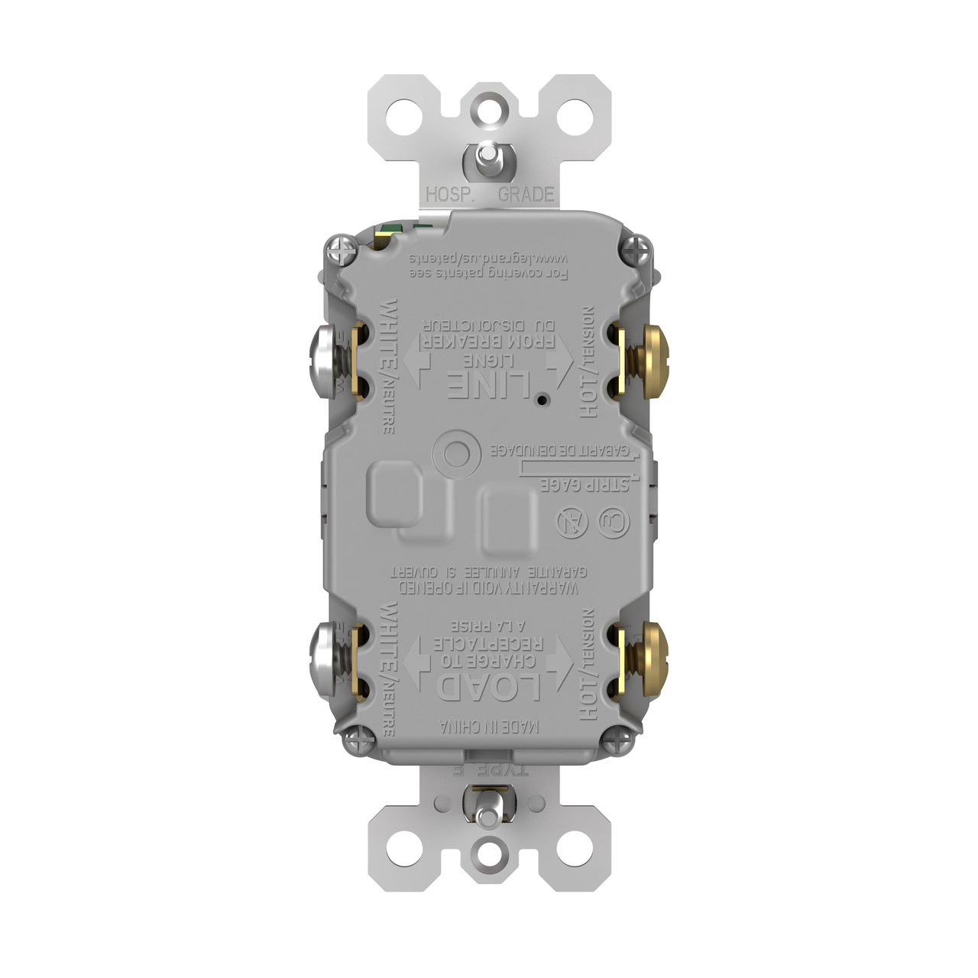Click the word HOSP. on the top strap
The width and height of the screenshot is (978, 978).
[450, 194]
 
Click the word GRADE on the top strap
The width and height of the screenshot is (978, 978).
[526, 194]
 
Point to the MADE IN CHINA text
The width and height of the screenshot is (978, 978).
[489, 727]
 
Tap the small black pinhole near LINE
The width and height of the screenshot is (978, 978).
[541, 400]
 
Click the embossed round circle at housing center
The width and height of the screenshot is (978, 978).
[456, 454]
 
